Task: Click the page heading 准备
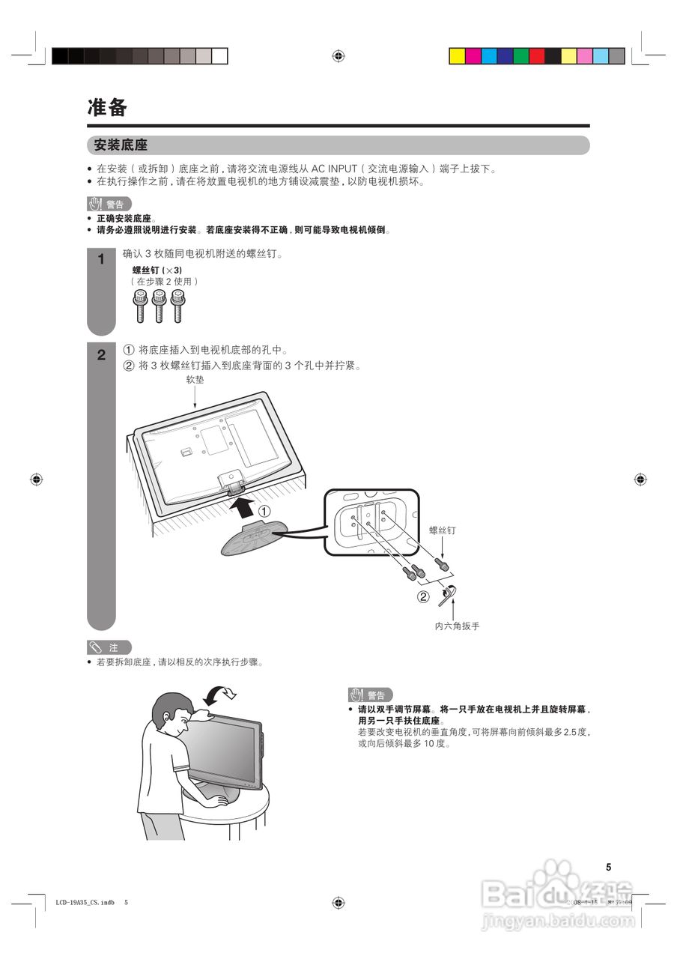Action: [107, 108]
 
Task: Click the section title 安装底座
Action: [121, 145]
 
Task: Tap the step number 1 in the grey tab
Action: [101, 261]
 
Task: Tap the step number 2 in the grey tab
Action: [101, 356]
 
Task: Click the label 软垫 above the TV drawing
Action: [195, 380]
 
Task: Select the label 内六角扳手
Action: [457, 626]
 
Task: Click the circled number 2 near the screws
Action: [424, 597]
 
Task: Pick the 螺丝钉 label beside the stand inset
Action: [442, 530]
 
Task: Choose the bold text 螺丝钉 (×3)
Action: [157, 270]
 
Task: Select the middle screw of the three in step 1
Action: [158, 305]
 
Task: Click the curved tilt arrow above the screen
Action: [222, 693]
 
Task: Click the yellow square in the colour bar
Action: [457, 56]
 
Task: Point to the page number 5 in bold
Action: [609, 867]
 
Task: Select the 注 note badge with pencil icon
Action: [109, 647]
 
